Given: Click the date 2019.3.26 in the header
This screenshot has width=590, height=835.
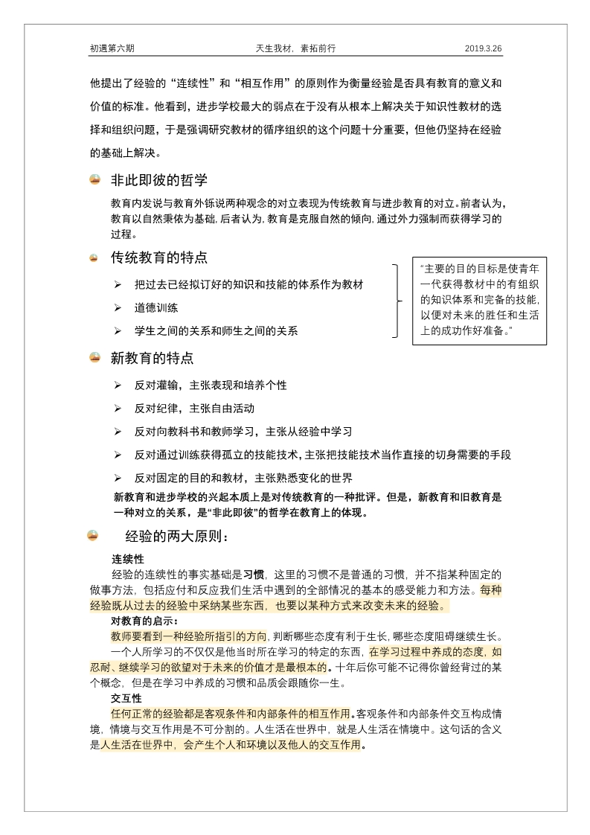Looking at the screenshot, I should click(x=484, y=48).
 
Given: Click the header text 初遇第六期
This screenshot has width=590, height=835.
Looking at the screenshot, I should click(x=112, y=48).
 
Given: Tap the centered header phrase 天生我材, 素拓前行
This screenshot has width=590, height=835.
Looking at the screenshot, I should click(x=295, y=48).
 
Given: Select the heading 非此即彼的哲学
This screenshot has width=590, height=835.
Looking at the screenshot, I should click(x=158, y=180).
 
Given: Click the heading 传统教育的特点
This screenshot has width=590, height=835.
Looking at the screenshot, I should click(x=158, y=258).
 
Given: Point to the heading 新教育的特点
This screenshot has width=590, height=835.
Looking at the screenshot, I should click(x=152, y=358).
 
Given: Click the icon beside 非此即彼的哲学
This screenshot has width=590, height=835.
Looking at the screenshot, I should click(x=94, y=180).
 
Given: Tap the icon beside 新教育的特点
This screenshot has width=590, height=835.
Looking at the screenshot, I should click(x=94, y=358).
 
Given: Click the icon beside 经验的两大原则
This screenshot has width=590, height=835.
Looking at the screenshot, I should click(x=93, y=536).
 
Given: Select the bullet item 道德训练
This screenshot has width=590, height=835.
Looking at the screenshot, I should click(x=156, y=307).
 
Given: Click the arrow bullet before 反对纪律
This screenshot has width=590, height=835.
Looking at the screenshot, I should click(x=118, y=409).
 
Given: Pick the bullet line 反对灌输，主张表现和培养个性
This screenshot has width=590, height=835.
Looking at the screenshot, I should click(x=211, y=385).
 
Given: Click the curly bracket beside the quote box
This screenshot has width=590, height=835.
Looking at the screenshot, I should click(x=398, y=300).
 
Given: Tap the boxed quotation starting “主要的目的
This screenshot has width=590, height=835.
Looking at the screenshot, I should click(x=479, y=300).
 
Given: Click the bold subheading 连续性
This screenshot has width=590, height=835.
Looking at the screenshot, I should click(x=127, y=558).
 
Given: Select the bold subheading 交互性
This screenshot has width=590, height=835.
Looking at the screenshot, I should click(x=126, y=698).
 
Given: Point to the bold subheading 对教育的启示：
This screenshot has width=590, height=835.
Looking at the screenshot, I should click(x=144, y=621).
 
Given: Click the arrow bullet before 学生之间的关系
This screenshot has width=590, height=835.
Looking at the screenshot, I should click(x=118, y=330).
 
